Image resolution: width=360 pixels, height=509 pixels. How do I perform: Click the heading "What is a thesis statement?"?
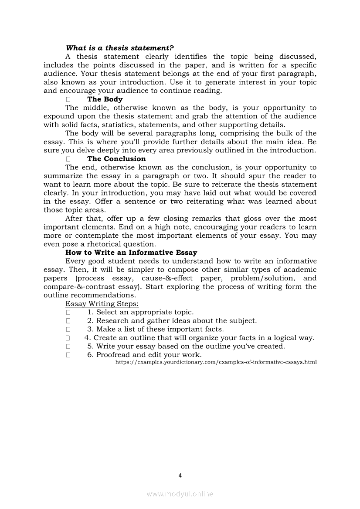pos(119,48)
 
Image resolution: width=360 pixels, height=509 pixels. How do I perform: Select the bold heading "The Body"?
pos(105,99)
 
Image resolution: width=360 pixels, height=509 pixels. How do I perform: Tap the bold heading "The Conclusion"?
pos(116,159)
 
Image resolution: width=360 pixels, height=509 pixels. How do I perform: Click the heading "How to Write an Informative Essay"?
pos(131,253)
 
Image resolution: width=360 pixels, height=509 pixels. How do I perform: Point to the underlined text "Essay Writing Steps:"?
pos(102,303)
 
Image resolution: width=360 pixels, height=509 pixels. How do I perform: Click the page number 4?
pos(180,475)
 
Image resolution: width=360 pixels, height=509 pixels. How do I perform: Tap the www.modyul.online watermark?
pos(180,494)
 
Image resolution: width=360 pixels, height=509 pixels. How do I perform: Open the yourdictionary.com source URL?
pos(216,362)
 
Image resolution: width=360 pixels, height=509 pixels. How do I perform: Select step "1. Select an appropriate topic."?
pos(140,312)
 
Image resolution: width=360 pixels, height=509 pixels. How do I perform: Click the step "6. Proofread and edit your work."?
pos(144,355)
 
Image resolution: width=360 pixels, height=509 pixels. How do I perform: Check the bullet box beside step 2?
pos(68,321)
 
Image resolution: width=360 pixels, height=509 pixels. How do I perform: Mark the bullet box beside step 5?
pos(68,347)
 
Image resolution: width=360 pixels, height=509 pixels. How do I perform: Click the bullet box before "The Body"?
pos(68,99)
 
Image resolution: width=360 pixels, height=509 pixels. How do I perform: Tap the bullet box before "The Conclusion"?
pos(68,159)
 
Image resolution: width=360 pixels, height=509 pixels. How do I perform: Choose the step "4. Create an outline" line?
pos(199,338)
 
